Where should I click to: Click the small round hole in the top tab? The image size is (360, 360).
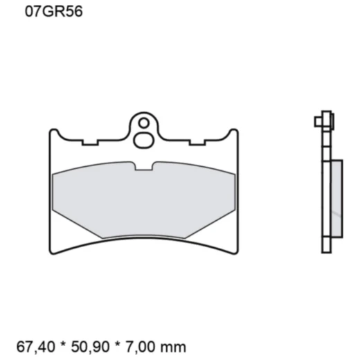[143, 123]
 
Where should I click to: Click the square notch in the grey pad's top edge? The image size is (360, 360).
[143, 166]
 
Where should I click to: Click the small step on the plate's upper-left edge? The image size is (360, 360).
[89, 144]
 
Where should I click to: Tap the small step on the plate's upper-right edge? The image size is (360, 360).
[197, 144]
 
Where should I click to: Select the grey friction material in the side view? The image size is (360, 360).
[335, 197]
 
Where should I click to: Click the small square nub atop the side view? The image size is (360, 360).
[318, 122]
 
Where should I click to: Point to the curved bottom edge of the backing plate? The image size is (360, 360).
[143, 243]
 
